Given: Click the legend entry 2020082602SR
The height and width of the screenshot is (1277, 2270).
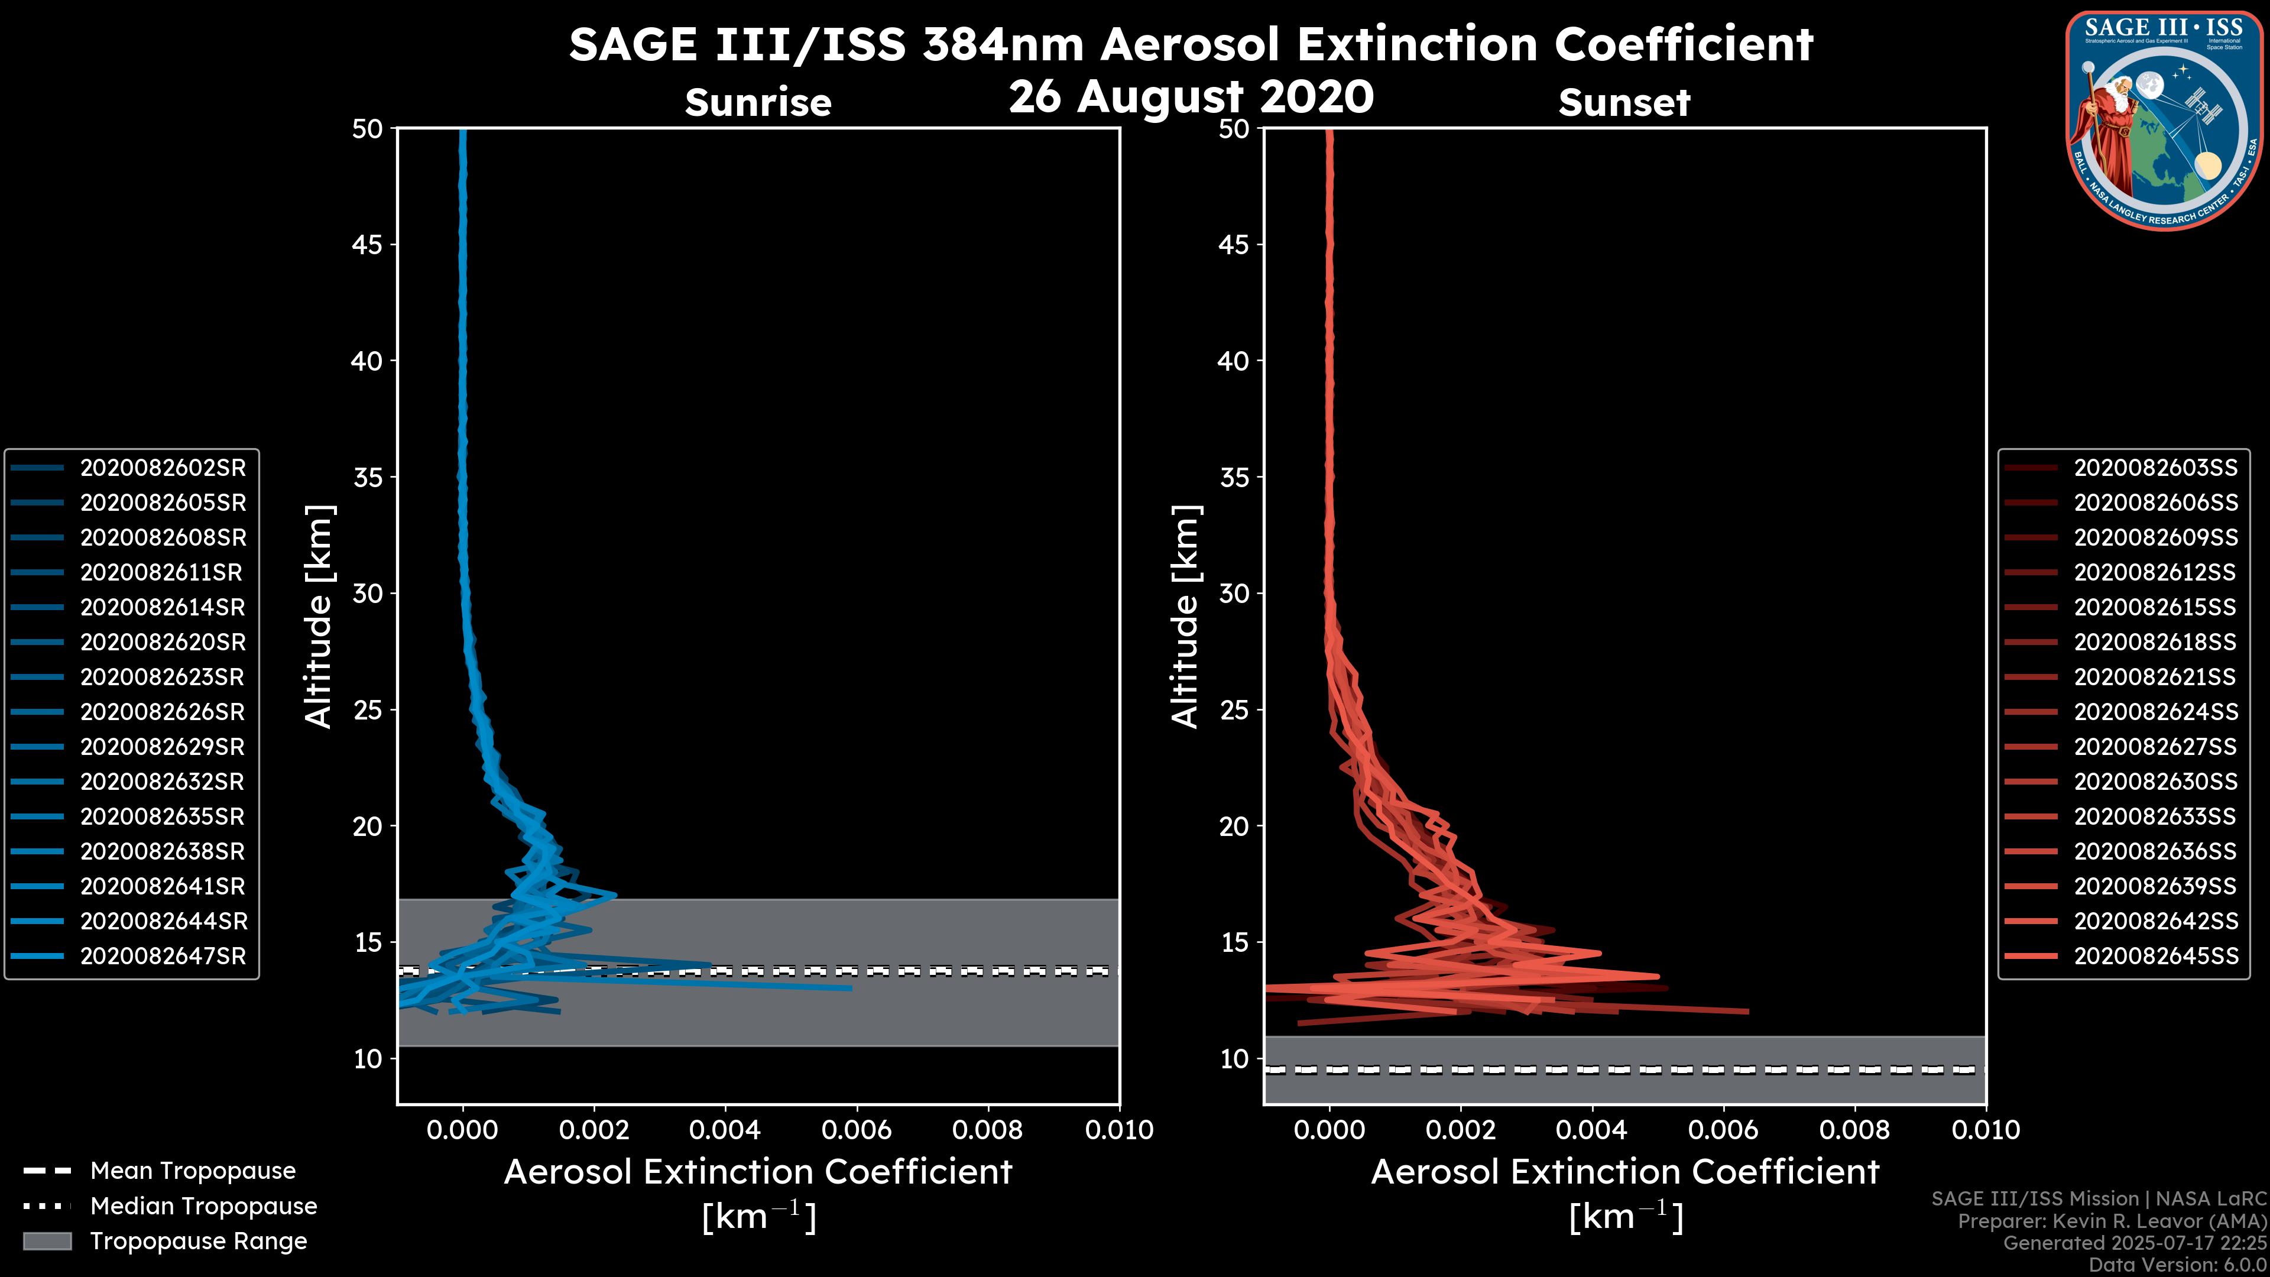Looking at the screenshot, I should coord(163,468).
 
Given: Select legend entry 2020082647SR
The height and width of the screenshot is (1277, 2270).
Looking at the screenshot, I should coord(163,956).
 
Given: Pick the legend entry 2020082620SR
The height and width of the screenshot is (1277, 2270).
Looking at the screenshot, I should coord(163,643).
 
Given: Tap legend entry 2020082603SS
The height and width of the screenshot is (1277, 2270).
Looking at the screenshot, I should coord(2155,468).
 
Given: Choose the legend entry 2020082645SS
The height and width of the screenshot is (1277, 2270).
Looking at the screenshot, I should coord(2155,956).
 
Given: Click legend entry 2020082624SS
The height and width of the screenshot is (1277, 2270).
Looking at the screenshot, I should coord(2155,712).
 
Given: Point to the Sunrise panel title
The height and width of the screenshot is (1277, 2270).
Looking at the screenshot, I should coord(758,103).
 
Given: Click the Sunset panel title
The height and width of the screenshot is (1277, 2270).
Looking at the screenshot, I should coord(1624,103).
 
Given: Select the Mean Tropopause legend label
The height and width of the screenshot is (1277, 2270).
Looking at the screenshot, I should coord(193,1171).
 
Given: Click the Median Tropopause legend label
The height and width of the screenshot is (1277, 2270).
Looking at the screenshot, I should coord(203,1207).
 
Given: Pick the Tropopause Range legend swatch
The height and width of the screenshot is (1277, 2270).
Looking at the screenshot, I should coord(47,1242).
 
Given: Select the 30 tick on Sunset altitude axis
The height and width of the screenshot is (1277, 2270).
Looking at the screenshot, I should coord(1234,594).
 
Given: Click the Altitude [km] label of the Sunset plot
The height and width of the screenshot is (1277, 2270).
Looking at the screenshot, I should coord(1186,617).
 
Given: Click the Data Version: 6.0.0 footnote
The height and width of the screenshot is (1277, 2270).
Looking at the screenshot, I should coord(2178,1265).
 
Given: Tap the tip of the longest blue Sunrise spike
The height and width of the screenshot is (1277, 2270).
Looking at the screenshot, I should coord(851,988).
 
